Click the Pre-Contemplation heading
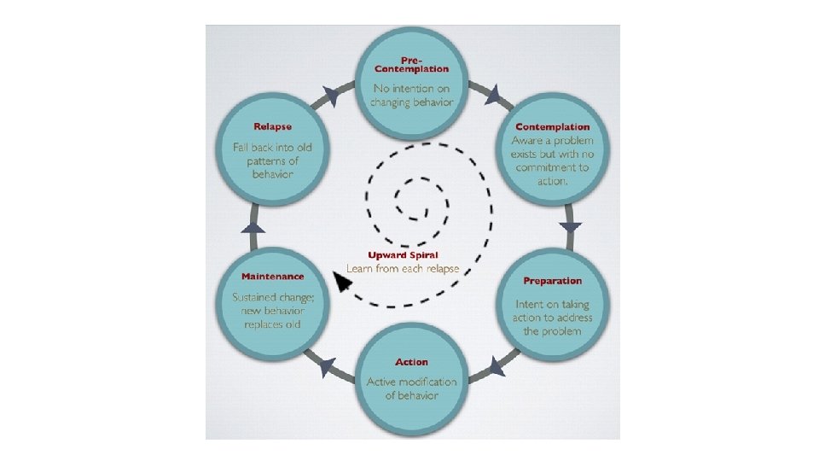pyautogui.click(x=412, y=63)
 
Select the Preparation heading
pyautogui.click(x=552, y=281)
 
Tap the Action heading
pyautogui.click(x=412, y=362)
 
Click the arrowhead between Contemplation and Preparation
pyautogui.click(x=571, y=227)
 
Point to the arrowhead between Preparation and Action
pyautogui.click(x=495, y=367)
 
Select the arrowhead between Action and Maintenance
pyautogui.click(x=327, y=367)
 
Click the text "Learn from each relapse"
pyautogui.click(x=402, y=268)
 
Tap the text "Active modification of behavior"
pyautogui.click(x=412, y=388)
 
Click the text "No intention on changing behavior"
pyautogui.click(x=412, y=95)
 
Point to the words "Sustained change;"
pyautogui.click(x=272, y=297)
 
